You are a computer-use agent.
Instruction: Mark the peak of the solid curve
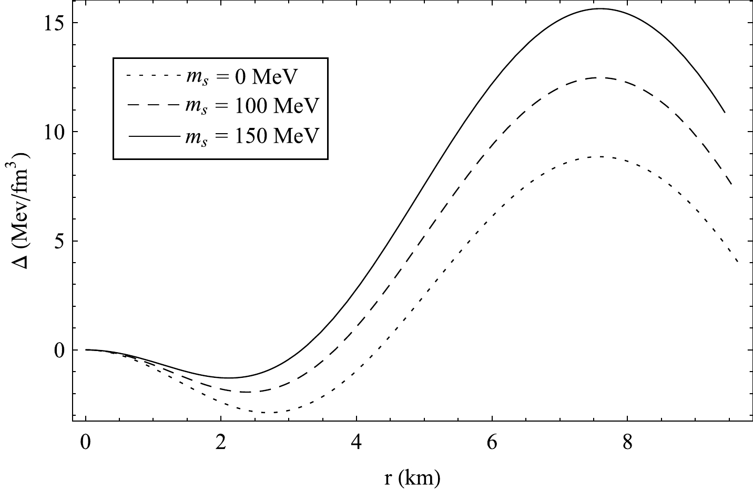click(x=601, y=9)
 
